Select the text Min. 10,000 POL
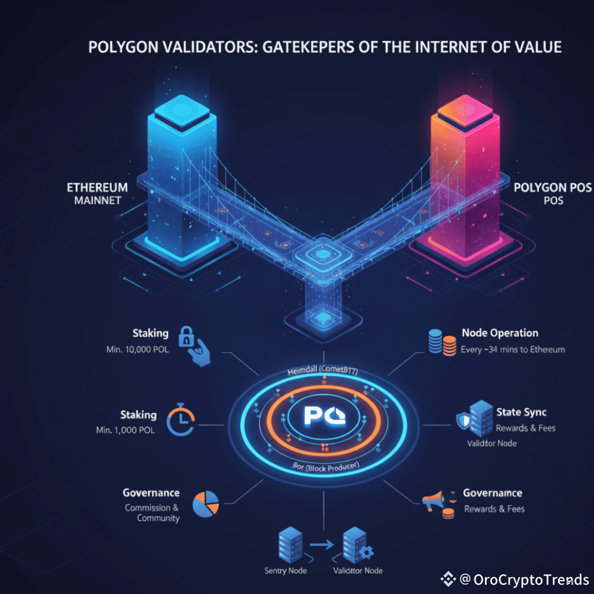coord(134,350)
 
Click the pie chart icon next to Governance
coord(205,504)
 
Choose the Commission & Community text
coord(153,513)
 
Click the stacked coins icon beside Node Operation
coord(441,342)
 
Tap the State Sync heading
coord(521,412)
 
